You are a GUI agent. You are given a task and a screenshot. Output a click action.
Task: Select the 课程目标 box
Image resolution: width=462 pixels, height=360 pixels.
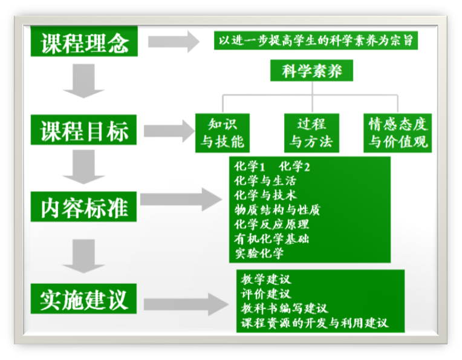[x=84, y=130]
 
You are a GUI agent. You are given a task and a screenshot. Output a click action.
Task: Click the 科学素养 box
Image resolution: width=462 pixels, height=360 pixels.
[x=311, y=71]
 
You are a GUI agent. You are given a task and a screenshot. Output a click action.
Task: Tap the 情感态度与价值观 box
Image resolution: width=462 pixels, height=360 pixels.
[x=398, y=133]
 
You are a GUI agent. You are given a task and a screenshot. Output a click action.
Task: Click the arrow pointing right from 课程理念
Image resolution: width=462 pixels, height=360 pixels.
[x=173, y=42]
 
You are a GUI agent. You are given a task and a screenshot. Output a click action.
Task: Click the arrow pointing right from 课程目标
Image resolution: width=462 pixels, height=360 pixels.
[x=168, y=130]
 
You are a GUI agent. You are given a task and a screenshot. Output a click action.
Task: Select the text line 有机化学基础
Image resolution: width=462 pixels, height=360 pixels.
[x=272, y=238]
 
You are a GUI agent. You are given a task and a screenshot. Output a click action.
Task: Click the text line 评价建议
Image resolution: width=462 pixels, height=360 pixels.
[x=265, y=294]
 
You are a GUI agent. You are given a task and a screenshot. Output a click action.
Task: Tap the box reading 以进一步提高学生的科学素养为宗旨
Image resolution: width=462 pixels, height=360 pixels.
[x=316, y=41]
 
